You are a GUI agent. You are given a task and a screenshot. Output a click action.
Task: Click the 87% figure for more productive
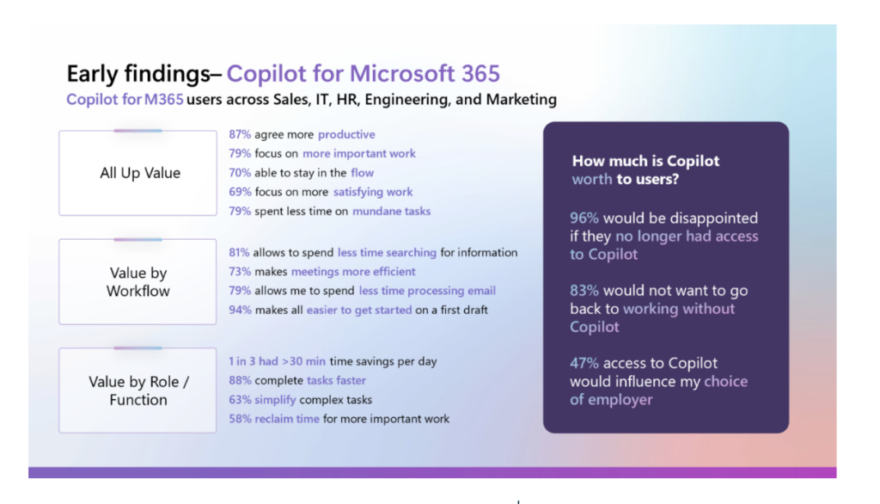coord(240,134)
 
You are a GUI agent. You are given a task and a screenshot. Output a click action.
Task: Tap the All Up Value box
coord(138,173)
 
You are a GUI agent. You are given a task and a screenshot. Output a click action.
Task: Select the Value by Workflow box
coord(138,282)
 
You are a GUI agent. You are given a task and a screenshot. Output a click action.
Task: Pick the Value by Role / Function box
coord(138,390)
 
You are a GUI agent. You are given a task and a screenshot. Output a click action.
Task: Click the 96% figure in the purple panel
coord(585,218)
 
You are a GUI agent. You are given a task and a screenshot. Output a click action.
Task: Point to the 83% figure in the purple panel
coord(585,291)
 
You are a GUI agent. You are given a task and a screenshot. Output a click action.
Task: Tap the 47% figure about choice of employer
coord(585,363)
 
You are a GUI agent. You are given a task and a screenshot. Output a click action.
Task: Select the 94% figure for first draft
coord(240,310)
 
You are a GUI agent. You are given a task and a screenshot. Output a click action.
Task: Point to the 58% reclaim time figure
coord(240,419)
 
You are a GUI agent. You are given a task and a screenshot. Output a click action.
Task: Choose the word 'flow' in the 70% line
coord(362,173)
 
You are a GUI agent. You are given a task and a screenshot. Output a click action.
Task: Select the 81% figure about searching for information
coord(240,253)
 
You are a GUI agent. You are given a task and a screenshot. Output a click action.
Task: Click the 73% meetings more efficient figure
coord(240,272)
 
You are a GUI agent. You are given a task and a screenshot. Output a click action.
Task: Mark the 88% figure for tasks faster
coord(240,380)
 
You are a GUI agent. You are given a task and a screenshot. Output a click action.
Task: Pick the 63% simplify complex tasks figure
coord(240,400)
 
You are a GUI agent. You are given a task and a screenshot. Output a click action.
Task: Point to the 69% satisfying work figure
coord(240,192)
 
